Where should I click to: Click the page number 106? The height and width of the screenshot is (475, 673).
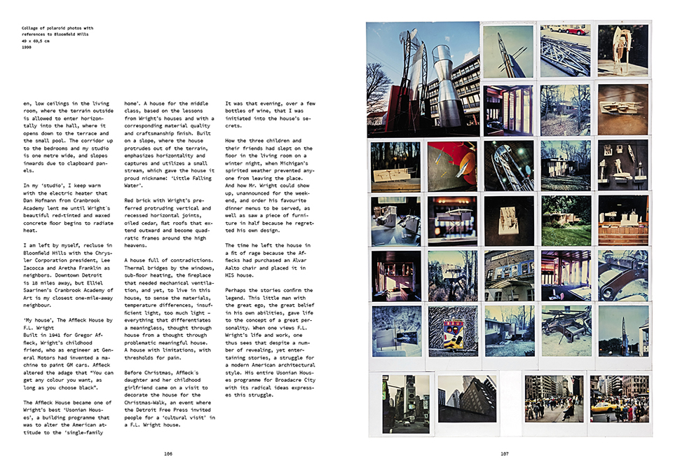pos(168,454)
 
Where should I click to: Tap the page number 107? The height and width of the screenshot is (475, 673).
pos(504,454)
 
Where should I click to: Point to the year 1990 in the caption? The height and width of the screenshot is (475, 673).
pos(28,48)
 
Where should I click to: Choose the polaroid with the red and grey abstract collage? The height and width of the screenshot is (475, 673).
pos(453,166)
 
